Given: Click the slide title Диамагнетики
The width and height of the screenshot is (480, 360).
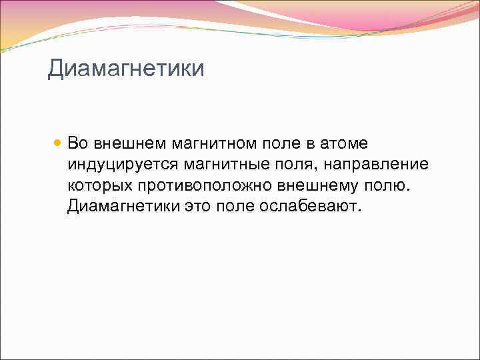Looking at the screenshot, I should [x=125, y=69].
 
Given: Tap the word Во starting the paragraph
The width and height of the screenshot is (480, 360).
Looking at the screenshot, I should [x=77, y=143].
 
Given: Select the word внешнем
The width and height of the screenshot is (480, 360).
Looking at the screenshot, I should [x=129, y=143].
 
